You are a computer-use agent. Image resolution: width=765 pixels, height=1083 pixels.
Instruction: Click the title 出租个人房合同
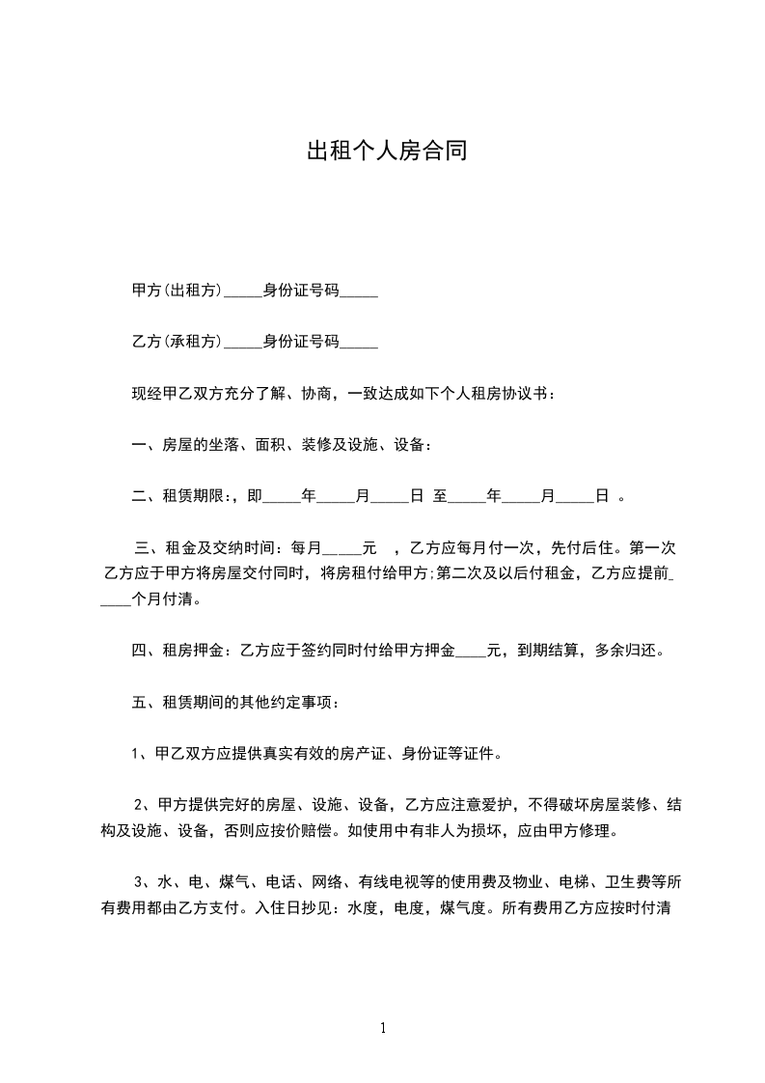click(386, 152)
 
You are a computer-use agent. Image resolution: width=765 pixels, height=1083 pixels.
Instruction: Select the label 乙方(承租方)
click(177, 342)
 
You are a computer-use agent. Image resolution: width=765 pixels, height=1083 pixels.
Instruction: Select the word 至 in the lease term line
click(440, 496)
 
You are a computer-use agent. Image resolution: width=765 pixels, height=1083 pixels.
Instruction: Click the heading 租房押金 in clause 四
click(192, 651)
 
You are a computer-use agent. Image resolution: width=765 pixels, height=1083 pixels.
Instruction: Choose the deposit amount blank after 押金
click(470, 653)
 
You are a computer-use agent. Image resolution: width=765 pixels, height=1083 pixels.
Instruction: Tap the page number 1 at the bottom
click(383, 1028)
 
